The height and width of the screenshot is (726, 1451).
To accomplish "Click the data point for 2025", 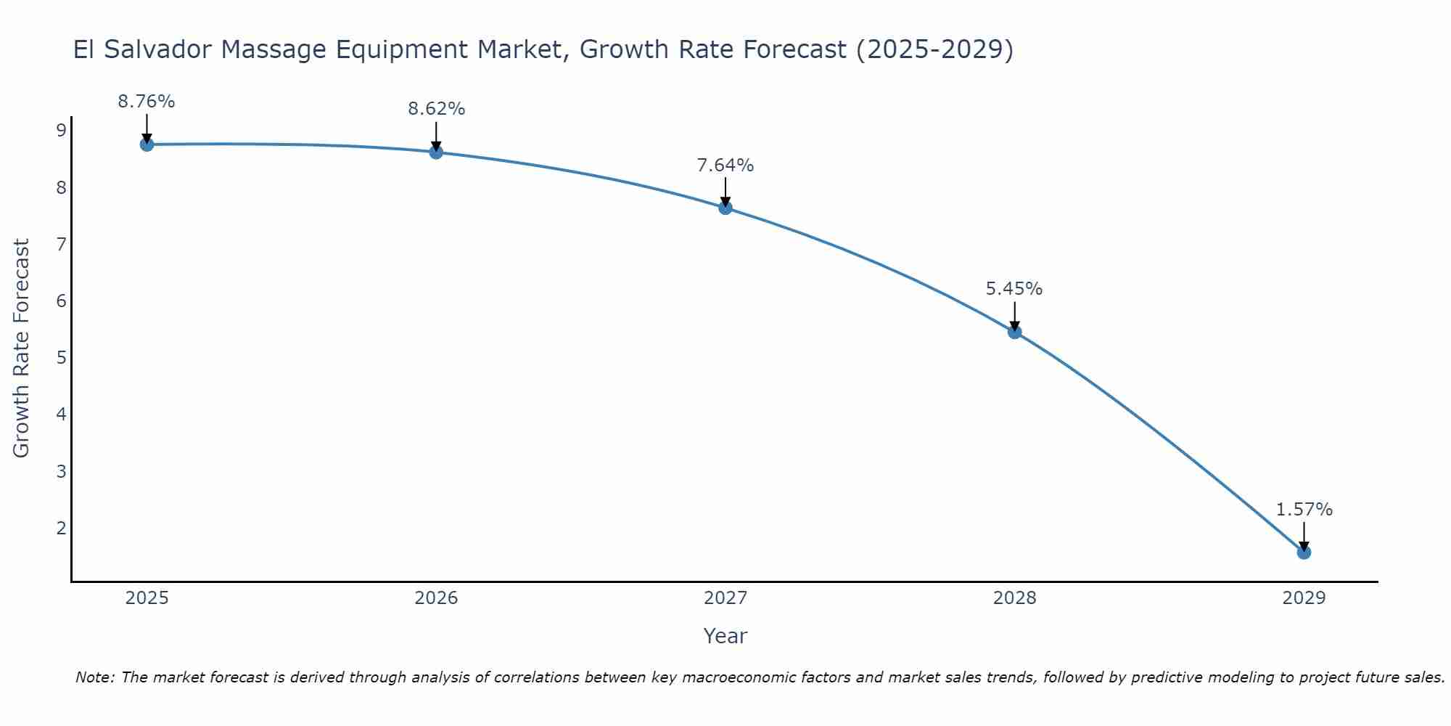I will click(147, 144).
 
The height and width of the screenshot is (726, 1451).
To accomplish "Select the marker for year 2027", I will click(725, 208).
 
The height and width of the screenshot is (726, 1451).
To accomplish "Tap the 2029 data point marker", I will click(1304, 552).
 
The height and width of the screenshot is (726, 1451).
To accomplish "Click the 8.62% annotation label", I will click(436, 109).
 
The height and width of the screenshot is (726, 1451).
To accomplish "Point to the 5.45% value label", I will click(1014, 289).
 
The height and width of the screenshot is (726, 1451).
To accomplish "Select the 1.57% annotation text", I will click(1304, 510).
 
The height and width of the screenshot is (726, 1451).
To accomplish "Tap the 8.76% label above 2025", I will click(147, 102).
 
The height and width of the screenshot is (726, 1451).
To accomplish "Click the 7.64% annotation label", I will click(725, 166).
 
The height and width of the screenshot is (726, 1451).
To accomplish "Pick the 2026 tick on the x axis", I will click(436, 598).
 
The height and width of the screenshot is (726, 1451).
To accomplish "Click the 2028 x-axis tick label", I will click(1014, 598).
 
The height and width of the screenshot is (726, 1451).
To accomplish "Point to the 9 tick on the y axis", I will click(61, 131).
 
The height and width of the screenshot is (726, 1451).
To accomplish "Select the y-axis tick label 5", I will click(61, 358).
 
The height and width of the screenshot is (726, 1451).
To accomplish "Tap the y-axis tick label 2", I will click(61, 528).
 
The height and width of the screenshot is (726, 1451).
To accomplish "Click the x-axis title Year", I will click(725, 636).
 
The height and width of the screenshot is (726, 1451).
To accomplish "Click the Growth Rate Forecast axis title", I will click(22, 348).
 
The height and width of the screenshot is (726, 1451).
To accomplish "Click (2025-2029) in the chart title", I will click(934, 49).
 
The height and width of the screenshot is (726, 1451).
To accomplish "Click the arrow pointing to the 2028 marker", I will click(1014, 316).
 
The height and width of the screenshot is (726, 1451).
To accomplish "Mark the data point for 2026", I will click(436, 152).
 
